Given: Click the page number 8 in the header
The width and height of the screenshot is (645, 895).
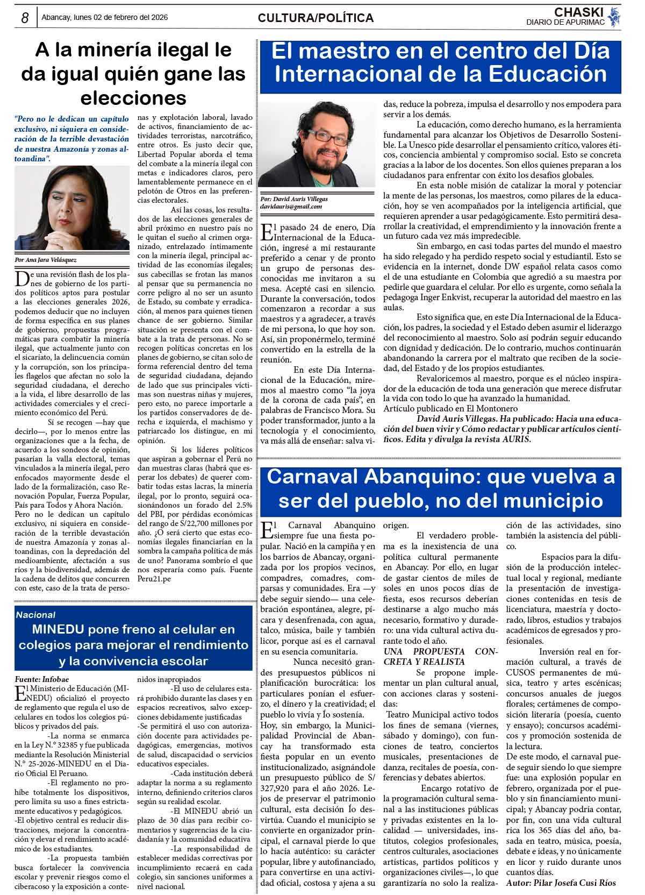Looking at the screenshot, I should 25,18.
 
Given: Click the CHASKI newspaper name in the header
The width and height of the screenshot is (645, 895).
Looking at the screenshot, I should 579,12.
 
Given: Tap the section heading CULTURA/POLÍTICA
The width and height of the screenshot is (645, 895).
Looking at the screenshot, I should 316,18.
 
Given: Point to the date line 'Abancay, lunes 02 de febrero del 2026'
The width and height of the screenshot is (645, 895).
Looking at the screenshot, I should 104,17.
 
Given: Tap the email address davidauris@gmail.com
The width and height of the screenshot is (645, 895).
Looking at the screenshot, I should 291,207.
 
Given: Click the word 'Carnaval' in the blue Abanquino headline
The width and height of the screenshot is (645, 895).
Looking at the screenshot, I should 312,477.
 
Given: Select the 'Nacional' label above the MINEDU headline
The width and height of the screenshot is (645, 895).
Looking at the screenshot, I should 35,615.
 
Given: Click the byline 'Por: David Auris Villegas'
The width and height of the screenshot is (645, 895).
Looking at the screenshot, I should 293,198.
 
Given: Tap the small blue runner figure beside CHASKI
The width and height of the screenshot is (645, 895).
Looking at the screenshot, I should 615,16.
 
